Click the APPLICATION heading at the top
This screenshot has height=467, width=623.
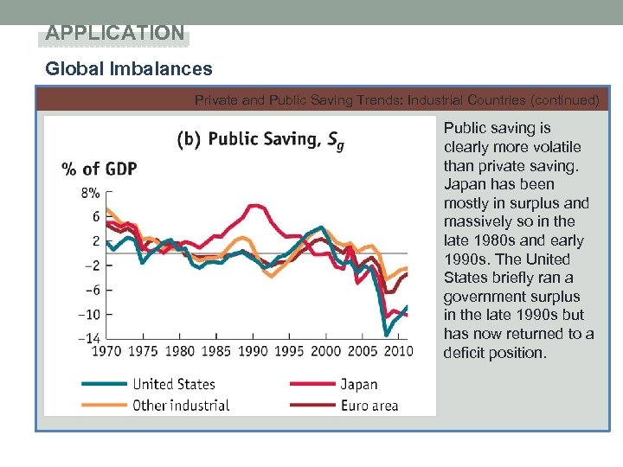pyautogui.click(x=115, y=34)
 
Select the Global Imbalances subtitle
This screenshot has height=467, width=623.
pyautogui.click(x=128, y=68)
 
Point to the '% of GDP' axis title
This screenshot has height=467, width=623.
pyautogui.click(x=99, y=169)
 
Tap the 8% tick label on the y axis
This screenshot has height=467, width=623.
pyautogui.click(x=91, y=193)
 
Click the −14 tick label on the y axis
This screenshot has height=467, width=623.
pyautogui.click(x=88, y=336)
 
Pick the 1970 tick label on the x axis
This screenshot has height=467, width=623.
pyautogui.click(x=106, y=351)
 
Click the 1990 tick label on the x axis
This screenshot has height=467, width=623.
pyautogui.click(x=253, y=351)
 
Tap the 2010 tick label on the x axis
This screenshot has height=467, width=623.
pyautogui.click(x=398, y=351)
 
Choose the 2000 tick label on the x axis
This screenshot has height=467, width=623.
pyautogui.click(x=325, y=351)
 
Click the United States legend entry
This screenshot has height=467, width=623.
pyautogui.click(x=173, y=384)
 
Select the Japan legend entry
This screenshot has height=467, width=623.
pyautogui.click(x=358, y=384)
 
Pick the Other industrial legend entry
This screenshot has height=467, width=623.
pyautogui.click(x=181, y=405)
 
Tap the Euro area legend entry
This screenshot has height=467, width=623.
pyautogui.click(x=369, y=405)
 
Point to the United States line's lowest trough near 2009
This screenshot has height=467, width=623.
pyautogui.click(x=386, y=335)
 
